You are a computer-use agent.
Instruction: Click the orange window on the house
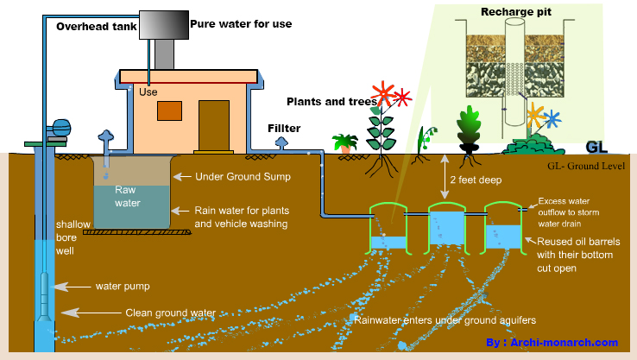click(169, 111)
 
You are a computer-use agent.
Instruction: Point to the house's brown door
click(211, 125)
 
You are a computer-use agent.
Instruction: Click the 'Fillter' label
click(284, 129)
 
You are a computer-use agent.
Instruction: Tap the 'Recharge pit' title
click(514, 13)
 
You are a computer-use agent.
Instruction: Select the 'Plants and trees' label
click(331, 101)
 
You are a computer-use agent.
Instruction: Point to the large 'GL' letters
click(597, 147)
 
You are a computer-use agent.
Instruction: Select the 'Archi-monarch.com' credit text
click(564, 343)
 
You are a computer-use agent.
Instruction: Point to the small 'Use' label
click(148, 91)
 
